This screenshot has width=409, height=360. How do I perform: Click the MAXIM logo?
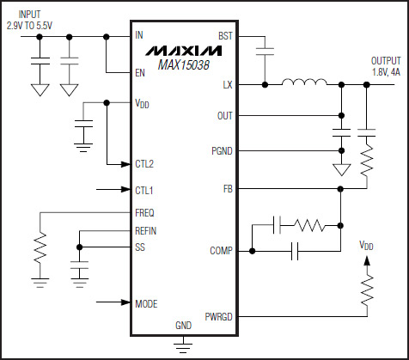pos(183,50)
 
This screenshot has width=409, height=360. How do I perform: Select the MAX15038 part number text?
pos(183,65)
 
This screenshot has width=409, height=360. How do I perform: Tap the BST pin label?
pos(225,36)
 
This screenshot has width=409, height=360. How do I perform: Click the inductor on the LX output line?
pos(304,82)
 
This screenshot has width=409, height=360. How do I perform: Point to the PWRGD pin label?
pos(218,317)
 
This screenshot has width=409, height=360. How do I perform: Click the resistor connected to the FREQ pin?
pos(40,247)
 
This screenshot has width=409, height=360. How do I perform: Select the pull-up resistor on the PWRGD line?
pos(367,290)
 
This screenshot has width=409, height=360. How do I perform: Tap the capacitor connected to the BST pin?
pos(265,52)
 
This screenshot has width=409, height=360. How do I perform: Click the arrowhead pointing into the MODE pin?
pos(125,302)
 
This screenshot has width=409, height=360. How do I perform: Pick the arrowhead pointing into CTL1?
pos(125,189)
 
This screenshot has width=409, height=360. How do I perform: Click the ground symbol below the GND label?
pos(183,346)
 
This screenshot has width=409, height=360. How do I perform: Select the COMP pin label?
pos(221,251)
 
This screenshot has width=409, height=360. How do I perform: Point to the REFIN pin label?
pos(146,231)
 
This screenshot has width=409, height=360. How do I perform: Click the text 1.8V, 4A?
pos(386,72)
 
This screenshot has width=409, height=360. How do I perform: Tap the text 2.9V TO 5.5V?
pos(29,26)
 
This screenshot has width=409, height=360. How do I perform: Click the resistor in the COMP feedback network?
pos(309,225)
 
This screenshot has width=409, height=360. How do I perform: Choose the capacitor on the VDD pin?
pos(83,124)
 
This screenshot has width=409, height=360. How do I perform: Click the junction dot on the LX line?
pos(266,85)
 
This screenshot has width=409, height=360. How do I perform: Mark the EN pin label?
pos(140,73)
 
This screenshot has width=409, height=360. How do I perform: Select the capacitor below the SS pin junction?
pos(80,265)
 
